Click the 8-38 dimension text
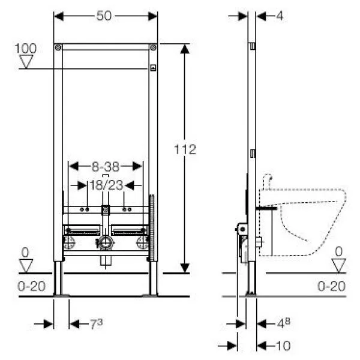tap(105, 164)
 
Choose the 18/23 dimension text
tap(105, 186)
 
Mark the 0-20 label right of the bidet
tap(332, 286)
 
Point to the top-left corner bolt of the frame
tap(57, 47)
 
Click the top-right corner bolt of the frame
tap(154, 47)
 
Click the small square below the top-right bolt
tap(153, 67)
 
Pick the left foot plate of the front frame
tap(61, 294)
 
